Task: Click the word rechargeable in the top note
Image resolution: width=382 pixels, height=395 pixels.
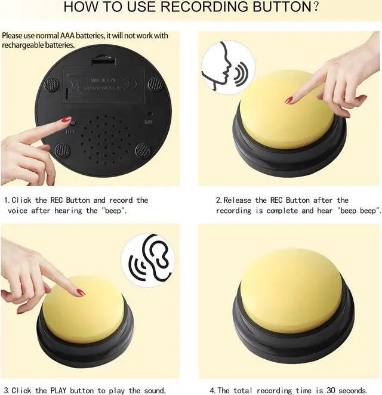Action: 21,45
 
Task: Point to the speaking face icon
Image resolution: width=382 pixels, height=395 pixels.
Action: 224,70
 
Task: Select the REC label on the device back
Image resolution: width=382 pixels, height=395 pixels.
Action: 70,129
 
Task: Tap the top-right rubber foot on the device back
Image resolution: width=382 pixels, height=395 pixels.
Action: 155,84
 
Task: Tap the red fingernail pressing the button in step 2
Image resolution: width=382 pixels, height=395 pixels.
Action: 289,100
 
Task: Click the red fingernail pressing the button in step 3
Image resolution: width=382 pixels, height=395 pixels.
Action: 81,292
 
